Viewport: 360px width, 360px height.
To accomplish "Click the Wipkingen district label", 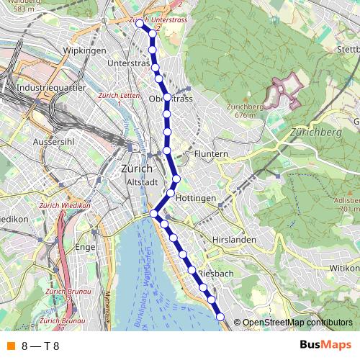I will pos(85,50).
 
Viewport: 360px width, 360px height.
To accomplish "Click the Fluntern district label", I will pos(211,154).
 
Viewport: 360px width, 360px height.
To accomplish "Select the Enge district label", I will pos(86,247).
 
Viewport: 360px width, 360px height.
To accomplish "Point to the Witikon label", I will pos(344,267).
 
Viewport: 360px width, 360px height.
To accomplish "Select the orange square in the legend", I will pos(11,346).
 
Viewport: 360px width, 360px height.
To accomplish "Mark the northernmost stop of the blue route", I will pos(140,24).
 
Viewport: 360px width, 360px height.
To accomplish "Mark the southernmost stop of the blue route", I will pos(220,318).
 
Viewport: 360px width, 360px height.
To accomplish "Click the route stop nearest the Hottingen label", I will pos(171,192).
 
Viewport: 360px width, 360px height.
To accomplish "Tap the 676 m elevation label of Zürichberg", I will pos(246,115).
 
